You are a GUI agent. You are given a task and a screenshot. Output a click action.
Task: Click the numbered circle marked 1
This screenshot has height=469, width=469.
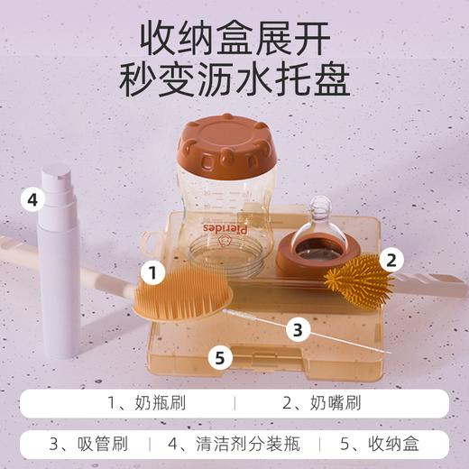[x=155, y=271]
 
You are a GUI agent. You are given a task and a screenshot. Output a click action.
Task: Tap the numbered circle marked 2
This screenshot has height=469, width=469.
[x=390, y=261]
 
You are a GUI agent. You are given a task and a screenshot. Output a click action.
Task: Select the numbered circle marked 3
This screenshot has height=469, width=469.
[x=298, y=328]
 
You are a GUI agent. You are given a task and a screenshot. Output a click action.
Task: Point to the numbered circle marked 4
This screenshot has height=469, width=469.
[x=32, y=198]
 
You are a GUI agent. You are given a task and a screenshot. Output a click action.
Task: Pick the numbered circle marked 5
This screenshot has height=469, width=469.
[x=216, y=357]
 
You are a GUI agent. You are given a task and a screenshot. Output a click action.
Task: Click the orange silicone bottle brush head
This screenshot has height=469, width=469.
[x=184, y=290]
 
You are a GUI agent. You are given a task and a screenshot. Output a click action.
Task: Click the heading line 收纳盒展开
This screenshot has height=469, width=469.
[x=234, y=38]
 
